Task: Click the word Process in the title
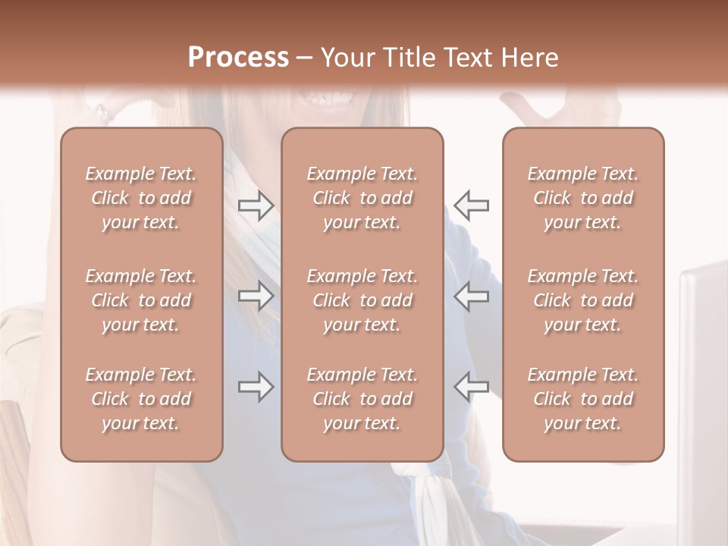[x=238, y=58]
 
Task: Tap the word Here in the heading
[x=529, y=58]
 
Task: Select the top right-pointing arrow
[x=256, y=206]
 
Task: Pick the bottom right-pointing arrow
[x=256, y=387]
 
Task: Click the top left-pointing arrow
[x=472, y=205]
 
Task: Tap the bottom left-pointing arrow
[x=472, y=387]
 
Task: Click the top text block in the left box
[x=141, y=198]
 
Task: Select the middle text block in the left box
[x=141, y=300]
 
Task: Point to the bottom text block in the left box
[x=141, y=399]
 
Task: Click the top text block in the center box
[x=362, y=198]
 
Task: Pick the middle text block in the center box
[x=362, y=300]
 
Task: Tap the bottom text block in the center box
[x=362, y=399]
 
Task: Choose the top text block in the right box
[x=583, y=198]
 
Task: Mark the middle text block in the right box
[x=583, y=300]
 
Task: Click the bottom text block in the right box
[x=583, y=399]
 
